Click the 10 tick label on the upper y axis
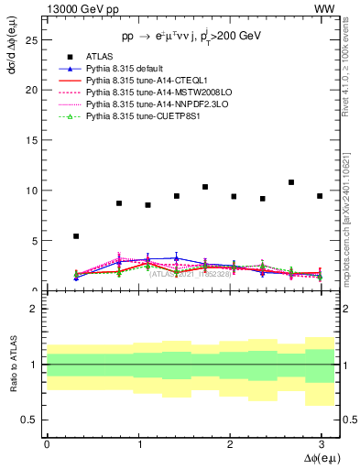(x=31, y=191)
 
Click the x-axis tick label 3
(x=320, y=444)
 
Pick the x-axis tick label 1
(x=137, y=444)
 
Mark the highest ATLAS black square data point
(x=291, y=182)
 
